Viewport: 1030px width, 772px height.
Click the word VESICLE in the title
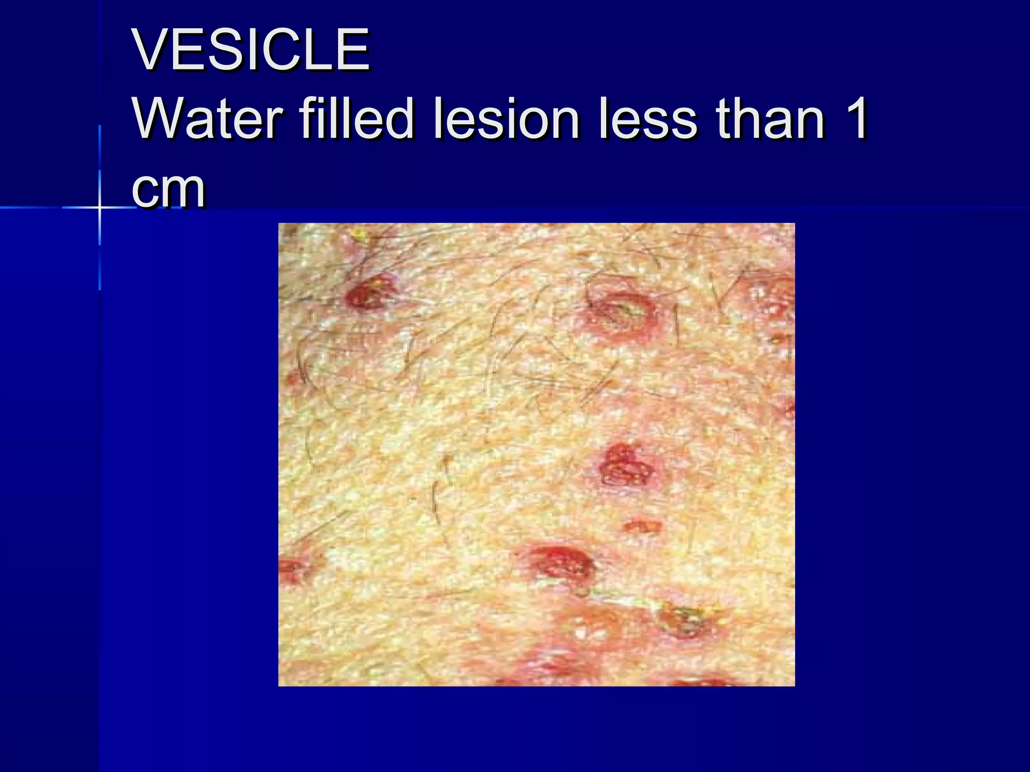250,50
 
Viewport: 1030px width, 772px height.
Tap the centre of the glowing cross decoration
100,207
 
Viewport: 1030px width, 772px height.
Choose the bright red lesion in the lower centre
561,562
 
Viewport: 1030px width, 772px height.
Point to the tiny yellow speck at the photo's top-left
359,233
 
